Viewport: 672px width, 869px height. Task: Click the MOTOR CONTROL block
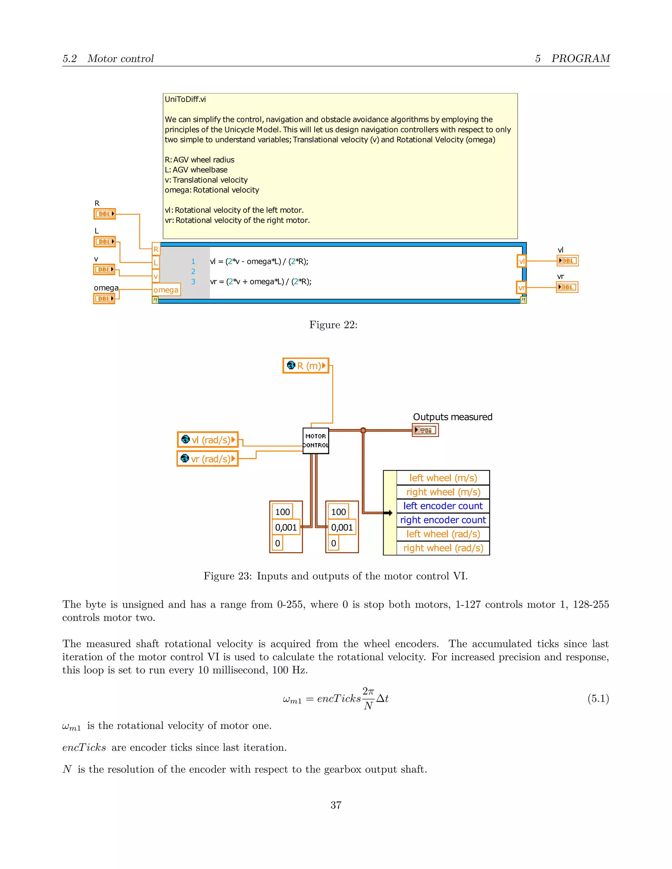(316, 440)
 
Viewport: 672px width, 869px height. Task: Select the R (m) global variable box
(306, 365)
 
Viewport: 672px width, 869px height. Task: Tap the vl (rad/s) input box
(208, 440)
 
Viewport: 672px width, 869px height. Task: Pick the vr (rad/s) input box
(207, 459)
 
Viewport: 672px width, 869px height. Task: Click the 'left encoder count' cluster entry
(443, 506)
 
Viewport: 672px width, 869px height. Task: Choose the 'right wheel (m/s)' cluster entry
(443, 492)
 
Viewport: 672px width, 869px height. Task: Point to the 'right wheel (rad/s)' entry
(443, 548)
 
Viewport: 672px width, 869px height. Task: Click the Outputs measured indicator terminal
(425, 430)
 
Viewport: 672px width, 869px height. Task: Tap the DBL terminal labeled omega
(104, 298)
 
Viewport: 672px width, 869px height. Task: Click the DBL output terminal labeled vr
(567, 287)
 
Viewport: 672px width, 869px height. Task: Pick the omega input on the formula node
(166, 290)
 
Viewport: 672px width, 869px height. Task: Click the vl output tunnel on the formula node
(521, 261)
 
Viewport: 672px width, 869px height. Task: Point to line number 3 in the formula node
(193, 282)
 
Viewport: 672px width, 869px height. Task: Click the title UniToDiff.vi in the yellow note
(185, 99)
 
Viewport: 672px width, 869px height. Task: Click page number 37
(336, 805)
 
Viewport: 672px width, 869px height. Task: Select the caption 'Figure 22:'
(333, 325)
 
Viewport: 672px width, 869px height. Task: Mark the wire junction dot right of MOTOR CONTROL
(363, 430)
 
